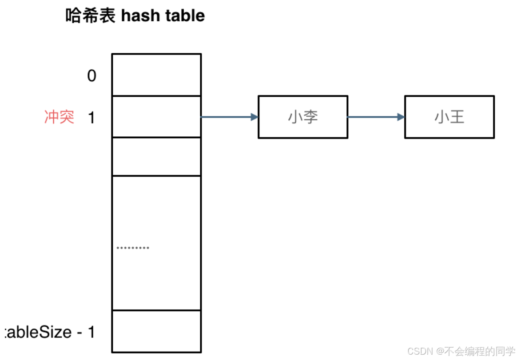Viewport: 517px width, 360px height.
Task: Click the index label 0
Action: tap(91, 76)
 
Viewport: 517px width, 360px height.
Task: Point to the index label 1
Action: tap(91, 118)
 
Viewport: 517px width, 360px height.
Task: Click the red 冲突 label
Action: tap(59, 117)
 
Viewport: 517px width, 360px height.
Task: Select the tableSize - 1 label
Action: tap(49, 332)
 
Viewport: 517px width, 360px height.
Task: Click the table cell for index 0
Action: tap(156, 75)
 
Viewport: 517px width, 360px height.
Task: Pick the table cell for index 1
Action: tap(156, 116)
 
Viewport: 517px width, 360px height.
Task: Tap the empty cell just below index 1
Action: tap(156, 156)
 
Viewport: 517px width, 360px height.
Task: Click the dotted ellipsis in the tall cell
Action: tap(133, 248)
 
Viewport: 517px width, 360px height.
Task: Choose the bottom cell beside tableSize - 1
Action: tap(156, 331)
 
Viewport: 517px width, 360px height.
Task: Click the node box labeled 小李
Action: tap(303, 117)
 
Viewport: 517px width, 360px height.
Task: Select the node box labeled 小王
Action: tap(449, 117)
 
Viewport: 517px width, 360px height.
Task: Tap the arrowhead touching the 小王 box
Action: tap(401, 117)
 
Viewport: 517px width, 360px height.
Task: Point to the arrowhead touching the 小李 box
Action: tap(255, 117)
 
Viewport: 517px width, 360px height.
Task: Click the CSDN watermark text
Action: tap(420, 351)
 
